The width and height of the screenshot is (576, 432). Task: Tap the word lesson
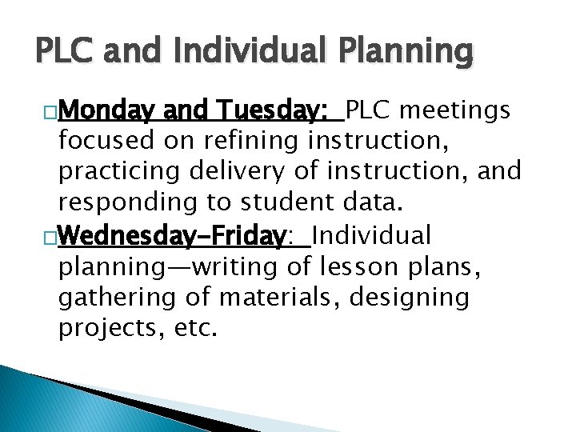pyautogui.click(x=352, y=266)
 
